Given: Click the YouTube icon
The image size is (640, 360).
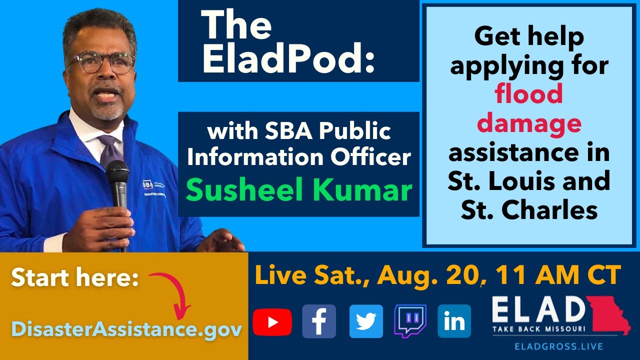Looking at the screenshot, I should pyautogui.click(x=272, y=321).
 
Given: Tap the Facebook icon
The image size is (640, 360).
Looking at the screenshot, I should pyautogui.click(x=319, y=321).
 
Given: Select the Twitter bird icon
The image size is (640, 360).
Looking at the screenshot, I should pyautogui.click(x=366, y=321).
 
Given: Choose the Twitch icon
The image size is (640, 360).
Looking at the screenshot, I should pyautogui.click(x=410, y=321).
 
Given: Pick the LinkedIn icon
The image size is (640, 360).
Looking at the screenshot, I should pyautogui.click(x=454, y=321).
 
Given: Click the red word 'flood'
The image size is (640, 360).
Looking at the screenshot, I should pyautogui.click(x=529, y=94).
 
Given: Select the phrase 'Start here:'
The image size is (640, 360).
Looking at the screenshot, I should pyautogui.click(x=74, y=278).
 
